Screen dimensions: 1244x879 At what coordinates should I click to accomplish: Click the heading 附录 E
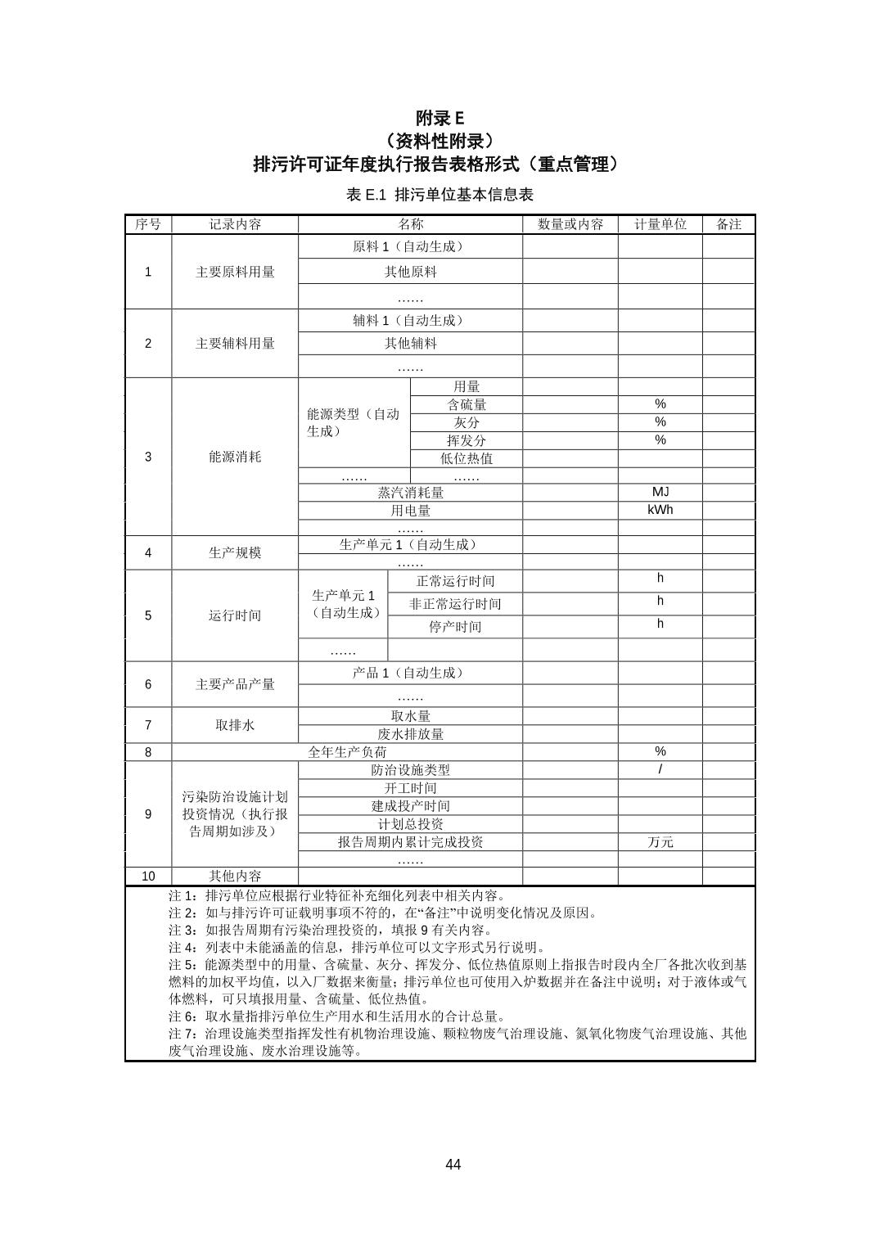pyautogui.click(x=439, y=118)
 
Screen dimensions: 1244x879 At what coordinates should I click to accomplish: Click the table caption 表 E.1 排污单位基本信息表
pyautogui.click(x=439, y=195)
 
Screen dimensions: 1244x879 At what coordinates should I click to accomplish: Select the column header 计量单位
pyautogui.click(x=660, y=224)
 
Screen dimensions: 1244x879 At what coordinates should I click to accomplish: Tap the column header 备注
pyautogui.click(x=728, y=224)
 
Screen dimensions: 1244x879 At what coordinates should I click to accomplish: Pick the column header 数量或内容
pyautogui.click(x=570, y=224)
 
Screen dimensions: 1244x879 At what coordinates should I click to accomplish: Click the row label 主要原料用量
pyautogui.click(x=235, y=272)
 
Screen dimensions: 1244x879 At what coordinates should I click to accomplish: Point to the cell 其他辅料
pyautogui.click(x=411, y=343)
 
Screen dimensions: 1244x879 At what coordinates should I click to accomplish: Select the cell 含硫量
pyautogui.click(x=467, y=404)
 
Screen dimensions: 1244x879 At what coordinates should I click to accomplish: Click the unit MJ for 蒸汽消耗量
pyautogui.click(x=660, y=492)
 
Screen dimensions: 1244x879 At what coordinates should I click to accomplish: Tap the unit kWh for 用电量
pyautogui.click(x=660, y=510)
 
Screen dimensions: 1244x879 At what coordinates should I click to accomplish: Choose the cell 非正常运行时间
pyautogui.click(x=455, y=604)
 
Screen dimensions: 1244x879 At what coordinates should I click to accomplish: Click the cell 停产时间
pyautogui.click(x=455, y=627)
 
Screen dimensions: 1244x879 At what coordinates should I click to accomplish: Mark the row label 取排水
pyautogui.click(x=235, y=725)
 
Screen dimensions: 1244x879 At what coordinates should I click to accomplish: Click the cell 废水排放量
pyautogui.click(x=411, y=734)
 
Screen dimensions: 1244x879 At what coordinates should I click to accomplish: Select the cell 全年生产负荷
pyautogui.click(x=347, y=751)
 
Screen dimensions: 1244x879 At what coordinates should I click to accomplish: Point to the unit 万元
pyautogui.click(x=660, y=842)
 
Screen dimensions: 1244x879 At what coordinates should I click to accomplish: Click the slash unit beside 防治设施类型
pyautogui.click(x=660, y=769)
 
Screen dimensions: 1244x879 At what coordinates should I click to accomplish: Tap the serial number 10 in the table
pyautogui.click(x=148, y=876)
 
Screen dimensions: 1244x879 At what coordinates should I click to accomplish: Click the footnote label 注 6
pyautogui.click(x=183, y=1016)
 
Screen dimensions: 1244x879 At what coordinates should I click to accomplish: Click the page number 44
pyautogui.click(x=453, y=1164)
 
